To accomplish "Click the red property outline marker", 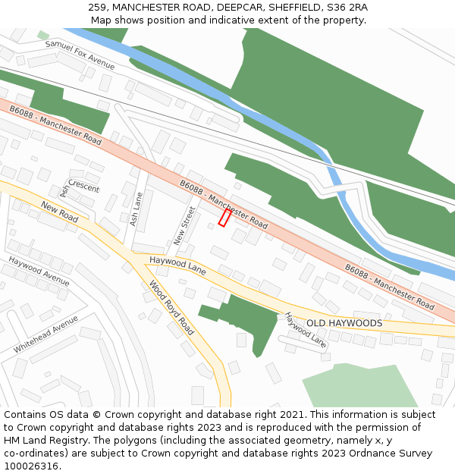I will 224,218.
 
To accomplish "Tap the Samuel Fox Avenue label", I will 80,55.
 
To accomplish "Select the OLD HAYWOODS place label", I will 344,323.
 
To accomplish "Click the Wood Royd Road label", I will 171,309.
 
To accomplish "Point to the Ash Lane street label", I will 136,209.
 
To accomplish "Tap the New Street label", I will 184,225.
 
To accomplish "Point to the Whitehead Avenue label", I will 45,334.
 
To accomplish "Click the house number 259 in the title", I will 98,7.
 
